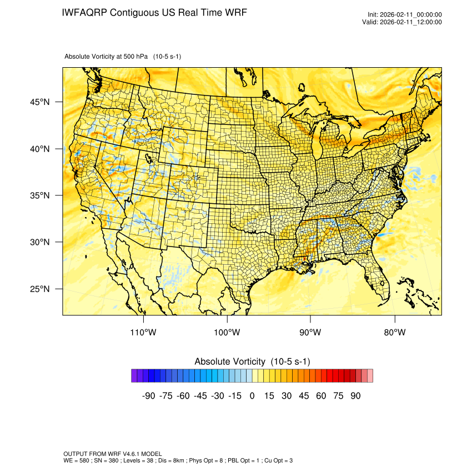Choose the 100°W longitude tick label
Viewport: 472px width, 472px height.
coord(227,333)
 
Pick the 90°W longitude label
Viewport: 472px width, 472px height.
coord(310,333)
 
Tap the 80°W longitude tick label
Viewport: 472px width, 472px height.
coord(394,333)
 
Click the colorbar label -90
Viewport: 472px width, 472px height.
coord(148,396)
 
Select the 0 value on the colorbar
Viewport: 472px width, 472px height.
coord(252,396)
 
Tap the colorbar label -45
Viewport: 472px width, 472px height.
coord(200,396)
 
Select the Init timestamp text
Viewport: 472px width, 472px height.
coord(404,14)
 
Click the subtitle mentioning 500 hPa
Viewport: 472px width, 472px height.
coord(123,57)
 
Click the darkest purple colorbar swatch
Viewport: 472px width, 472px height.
coord(134,376)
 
